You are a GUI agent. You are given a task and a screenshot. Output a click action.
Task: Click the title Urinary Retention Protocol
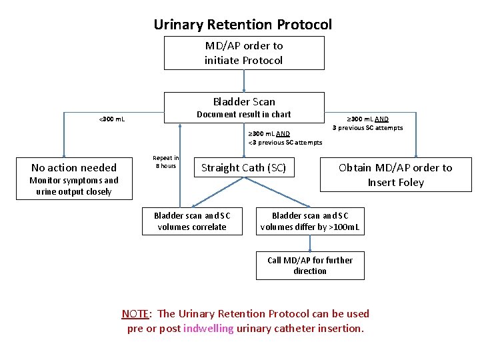243,25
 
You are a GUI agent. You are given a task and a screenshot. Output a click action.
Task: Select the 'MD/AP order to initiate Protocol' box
244,53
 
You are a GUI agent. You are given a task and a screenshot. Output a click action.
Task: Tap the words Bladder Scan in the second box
244,101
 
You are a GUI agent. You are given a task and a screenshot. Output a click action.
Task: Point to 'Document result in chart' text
243,115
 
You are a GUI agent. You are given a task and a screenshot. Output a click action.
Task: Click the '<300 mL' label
111,119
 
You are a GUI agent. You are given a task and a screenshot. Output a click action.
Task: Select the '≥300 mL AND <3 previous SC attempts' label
285,138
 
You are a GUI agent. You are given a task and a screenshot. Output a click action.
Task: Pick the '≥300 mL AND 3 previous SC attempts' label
367,123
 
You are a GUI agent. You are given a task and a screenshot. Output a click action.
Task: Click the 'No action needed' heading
74,168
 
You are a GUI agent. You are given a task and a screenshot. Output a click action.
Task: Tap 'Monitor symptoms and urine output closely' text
74,186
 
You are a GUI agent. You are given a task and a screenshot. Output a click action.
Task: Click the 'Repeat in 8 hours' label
166,162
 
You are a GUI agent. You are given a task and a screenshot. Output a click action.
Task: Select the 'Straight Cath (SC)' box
243,168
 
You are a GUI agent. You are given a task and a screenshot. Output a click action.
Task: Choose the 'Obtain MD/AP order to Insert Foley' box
395,175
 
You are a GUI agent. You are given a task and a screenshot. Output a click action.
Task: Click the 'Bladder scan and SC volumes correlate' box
192,221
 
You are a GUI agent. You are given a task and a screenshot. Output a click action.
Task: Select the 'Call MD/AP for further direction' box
310,265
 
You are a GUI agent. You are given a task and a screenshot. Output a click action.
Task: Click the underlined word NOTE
135,314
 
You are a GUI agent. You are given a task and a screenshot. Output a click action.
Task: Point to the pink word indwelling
208,329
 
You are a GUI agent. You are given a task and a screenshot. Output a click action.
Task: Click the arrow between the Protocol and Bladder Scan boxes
245,81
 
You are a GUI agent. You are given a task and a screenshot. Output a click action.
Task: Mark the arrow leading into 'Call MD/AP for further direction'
310,244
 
